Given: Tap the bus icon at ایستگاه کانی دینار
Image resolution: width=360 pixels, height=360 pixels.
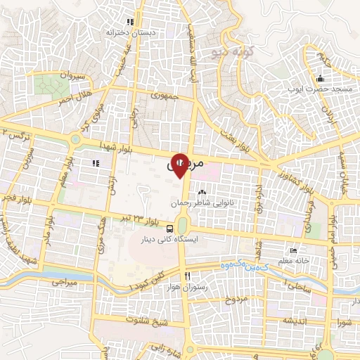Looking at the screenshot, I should [x=171, y=229].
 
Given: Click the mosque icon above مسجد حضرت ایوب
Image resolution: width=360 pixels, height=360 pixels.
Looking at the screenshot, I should [x=320, y=78].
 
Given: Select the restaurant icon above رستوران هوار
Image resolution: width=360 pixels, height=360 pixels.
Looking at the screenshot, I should [x=186, y=276].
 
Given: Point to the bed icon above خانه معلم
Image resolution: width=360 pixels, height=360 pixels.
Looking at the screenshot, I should [x=293, y=251].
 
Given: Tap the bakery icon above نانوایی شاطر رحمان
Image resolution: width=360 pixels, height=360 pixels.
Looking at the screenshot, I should [x=202, y=191].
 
